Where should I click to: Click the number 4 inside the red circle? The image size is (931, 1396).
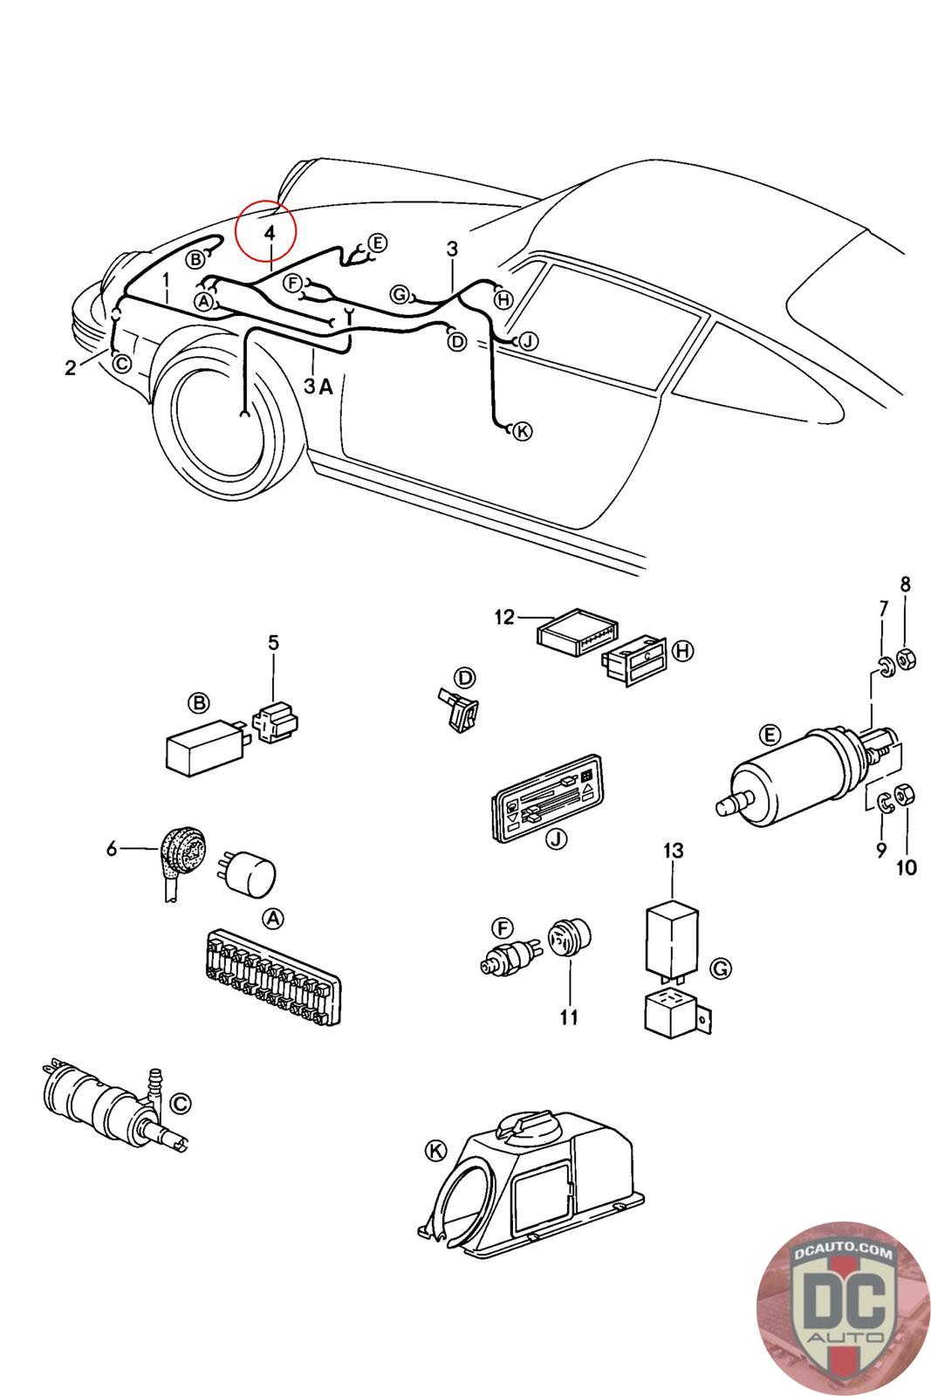click(270, 233)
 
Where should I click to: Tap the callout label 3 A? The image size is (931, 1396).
click(318, 387)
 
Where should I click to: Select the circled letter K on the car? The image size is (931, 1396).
click(522, 431)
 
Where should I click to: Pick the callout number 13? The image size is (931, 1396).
click(673, 850)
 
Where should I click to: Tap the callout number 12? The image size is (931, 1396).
click(504, 617)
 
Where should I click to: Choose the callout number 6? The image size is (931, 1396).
click(112, 848)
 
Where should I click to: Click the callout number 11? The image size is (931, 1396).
click(568, 1017)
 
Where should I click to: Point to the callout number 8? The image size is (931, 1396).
click(905, 584)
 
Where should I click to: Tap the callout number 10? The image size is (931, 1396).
click(906, 867)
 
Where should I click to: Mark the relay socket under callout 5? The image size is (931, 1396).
click(275, 722)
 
